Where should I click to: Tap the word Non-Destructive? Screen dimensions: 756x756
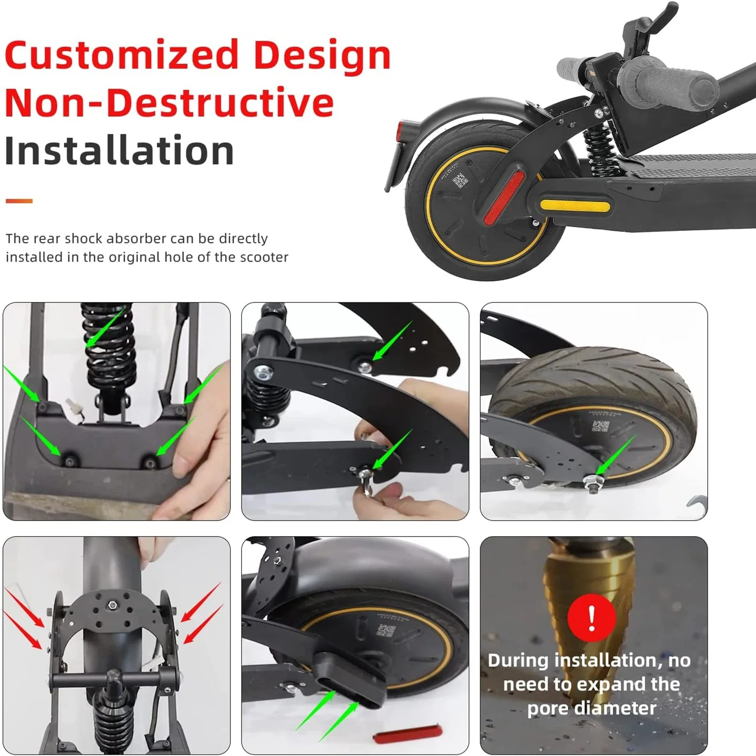(x=170, y=103)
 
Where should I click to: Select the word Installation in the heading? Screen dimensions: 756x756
(x=119, y=150)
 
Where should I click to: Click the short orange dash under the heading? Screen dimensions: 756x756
(x=19, y=201)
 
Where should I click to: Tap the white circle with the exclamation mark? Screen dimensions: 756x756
(x=592, y=617)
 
